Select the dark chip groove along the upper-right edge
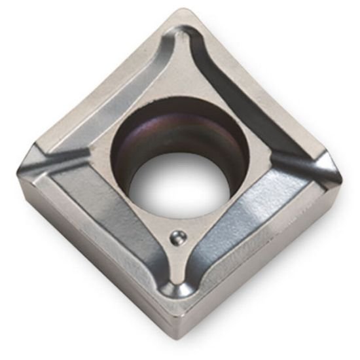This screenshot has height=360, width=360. pos(245,98)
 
